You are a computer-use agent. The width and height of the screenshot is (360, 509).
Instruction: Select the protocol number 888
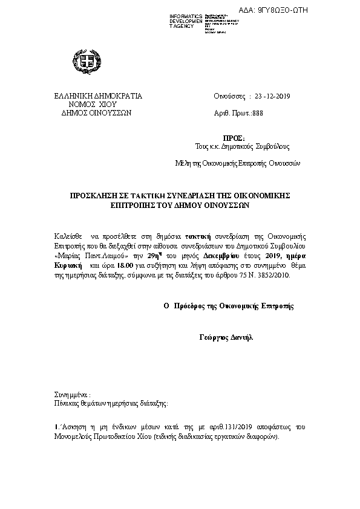(x=258, y=112)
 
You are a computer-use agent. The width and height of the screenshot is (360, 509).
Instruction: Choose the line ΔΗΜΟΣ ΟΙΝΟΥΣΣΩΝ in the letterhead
(x=93, y=112)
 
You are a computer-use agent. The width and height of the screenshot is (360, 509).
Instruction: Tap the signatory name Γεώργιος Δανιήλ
(x=226, y=337)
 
